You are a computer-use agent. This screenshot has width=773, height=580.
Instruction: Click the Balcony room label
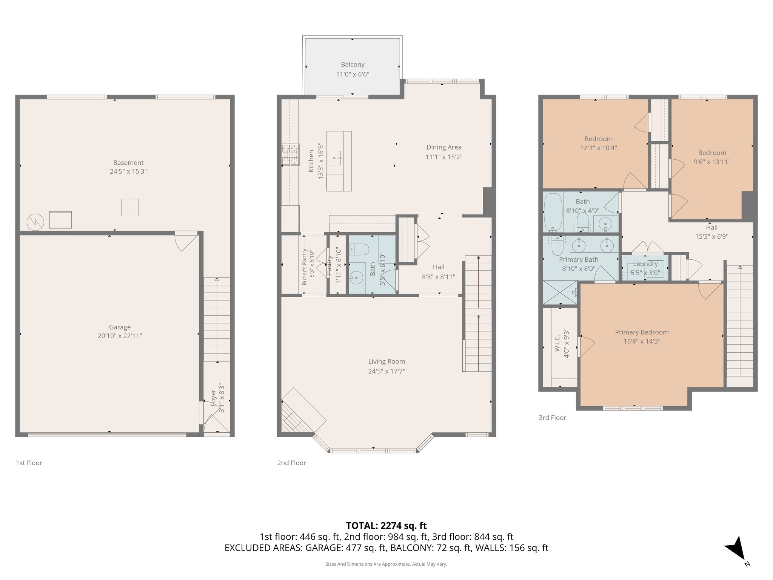click(x=353, y=65)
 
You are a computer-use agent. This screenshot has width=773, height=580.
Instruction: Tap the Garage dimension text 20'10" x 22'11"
click(x=120, y=336)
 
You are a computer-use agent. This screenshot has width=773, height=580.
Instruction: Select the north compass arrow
click(x=736, y=549)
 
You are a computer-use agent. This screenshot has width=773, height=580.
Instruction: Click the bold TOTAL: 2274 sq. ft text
click(x=386, y=525)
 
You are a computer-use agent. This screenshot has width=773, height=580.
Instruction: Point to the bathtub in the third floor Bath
click(x=553, y=213)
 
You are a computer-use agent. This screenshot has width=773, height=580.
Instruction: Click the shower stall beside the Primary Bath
click(x=560, y=292)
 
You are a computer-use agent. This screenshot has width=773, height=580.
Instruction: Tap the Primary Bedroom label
click(x=642, y=332)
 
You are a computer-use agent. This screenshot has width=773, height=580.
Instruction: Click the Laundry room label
click(x=645, y=264)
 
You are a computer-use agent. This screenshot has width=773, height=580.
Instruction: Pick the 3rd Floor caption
click(x=552, y=418)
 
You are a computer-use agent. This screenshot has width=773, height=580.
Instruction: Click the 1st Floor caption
click(x=29, y=463)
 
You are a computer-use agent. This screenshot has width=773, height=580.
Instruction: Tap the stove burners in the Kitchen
click(x=290, y=155)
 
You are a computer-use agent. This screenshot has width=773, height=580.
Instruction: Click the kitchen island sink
click(x=334, y=158)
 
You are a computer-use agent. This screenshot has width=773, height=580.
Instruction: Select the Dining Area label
click(x=444, y=147)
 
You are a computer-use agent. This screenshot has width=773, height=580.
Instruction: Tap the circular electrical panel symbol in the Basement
click(x=35, y=222)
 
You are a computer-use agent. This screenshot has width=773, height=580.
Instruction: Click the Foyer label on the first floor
click(x=214, y=398)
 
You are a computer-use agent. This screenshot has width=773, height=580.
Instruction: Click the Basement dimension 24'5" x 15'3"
click(x=128, y=171)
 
